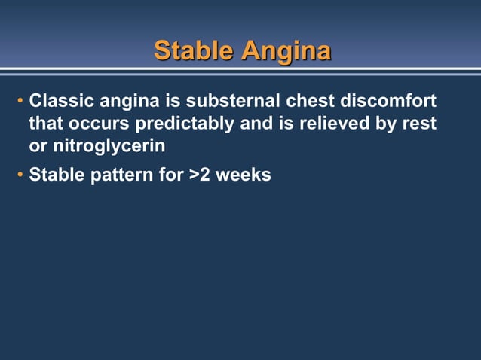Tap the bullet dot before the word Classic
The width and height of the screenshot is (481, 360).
(20, 102)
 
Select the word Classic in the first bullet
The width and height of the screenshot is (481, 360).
(59, 101)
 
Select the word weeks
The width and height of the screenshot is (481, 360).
(243, 176)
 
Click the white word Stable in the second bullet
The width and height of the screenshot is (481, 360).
(55, 176)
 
